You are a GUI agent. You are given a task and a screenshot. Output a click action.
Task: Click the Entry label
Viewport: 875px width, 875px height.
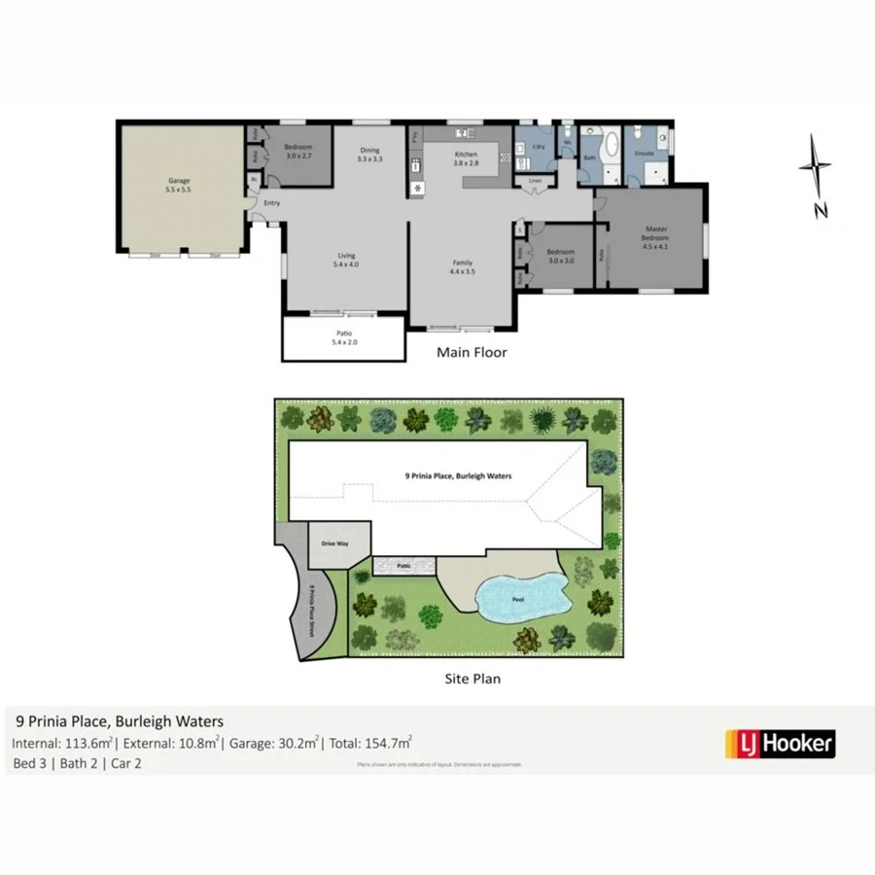pyautogui.click(x=271, y=202)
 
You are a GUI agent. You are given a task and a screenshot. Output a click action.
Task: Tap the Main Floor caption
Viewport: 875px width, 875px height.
pyautogui.click(x=471, y=353)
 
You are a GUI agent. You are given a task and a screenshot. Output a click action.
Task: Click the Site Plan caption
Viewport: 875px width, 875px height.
pyautogui.click(x=471, y=679)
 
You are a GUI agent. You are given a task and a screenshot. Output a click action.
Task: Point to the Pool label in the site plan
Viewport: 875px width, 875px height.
pyautogui.click(x=518, y=599)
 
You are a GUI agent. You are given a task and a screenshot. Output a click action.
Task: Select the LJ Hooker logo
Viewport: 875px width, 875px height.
pyautogui.click(x=780, y=745)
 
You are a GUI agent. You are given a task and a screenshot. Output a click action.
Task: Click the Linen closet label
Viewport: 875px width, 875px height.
pyautogui.click(x=534, y=181)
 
